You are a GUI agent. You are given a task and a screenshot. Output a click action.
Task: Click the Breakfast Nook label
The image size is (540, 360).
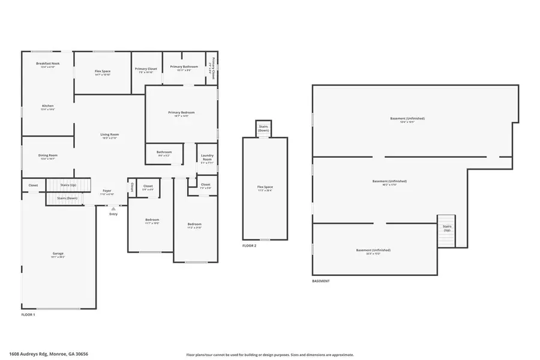(47, 63)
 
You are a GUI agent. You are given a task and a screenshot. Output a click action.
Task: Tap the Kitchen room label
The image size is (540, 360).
(47, 106)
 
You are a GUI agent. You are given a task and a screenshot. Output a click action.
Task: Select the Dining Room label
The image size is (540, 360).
(47, 155)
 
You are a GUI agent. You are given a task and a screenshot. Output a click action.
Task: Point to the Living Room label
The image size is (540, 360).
(109, 134)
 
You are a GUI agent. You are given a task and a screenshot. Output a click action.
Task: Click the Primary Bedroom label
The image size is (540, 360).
(181, 112)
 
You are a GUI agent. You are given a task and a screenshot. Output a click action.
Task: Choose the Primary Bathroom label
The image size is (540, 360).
(184, 67)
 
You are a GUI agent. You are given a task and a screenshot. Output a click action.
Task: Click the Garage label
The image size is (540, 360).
(58, 253)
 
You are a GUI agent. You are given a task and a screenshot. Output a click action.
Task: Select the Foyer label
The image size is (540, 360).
(107, 191)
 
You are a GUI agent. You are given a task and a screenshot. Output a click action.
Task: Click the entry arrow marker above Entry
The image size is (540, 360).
(113, 208)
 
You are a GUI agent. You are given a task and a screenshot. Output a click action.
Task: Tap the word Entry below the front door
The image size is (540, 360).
(113, 214)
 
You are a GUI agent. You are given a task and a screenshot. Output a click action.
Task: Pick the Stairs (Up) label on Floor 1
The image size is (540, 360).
(68, 185)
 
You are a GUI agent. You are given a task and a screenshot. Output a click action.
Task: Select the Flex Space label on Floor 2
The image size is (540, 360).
(265, 187)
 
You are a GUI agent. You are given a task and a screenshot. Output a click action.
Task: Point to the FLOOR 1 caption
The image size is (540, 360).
(28, 314)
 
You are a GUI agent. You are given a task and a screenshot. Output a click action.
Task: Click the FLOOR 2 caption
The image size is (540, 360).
(249, 246)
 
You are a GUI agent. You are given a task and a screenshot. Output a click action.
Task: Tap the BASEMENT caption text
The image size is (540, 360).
(320, 281)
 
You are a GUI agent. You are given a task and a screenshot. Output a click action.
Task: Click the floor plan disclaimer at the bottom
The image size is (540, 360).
(270, 355)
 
